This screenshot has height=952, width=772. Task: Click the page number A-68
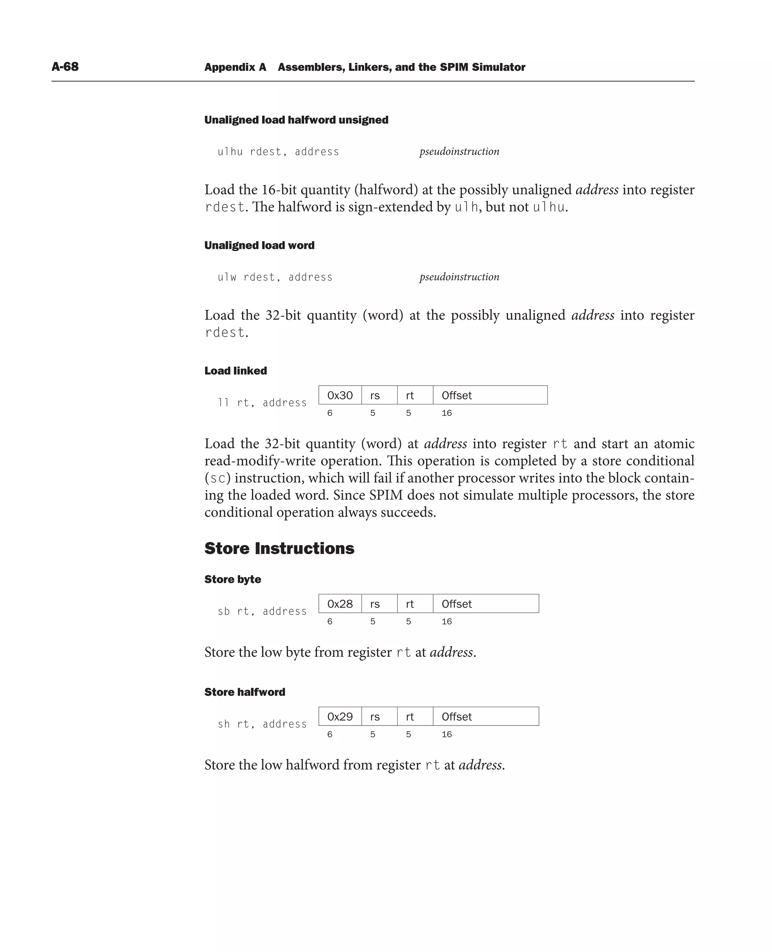pyautogui.click(x=65, y=67)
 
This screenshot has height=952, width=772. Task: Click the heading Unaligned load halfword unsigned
pyautogui.click(x=296, y=120)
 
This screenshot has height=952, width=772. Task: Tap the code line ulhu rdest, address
pyautogui.click(x=278, y=152)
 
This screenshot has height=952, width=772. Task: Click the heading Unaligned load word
pyautogui.click(x=259, y=245)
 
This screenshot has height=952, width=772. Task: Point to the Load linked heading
pyautogui.click(x=236, y=371)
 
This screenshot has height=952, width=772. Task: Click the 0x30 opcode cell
pyautogui.click(x=340, y=395)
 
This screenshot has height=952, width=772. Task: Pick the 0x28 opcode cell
pyautogui.click(x=340, y=604)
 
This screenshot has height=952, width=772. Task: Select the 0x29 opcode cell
pyautogui.click(x=340, y=716)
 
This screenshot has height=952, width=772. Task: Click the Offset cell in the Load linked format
pyautogui.click(x=489, y=395)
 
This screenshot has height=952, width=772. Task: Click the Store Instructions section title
pyautogui.click(x=279, y=548)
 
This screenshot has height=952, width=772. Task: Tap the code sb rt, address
pyautogui.click(x=262, y=611)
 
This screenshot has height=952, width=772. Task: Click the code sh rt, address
pyautogui.click(x=262, y=724)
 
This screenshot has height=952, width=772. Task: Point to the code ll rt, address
pyautogui.click(x=262, y=403)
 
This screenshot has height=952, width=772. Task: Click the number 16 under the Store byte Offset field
pyautogui.click(x=446, y=621)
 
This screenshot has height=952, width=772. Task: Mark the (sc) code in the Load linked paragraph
pyautogui.click(x=218, y=478)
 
